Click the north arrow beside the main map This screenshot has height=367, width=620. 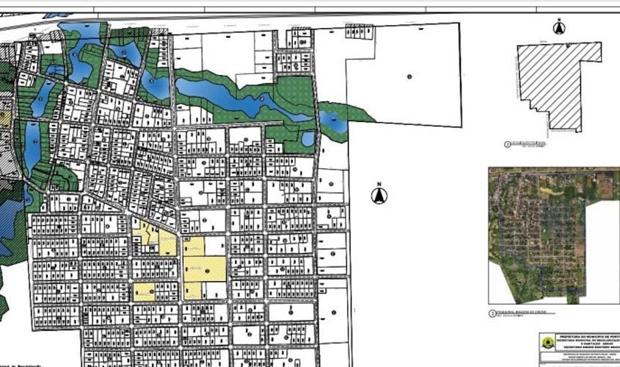coord(379,196)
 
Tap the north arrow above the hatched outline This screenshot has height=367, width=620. coord(559,29)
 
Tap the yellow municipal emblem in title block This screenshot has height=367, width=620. coord(547,343)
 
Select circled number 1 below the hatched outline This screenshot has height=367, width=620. coord(508,145)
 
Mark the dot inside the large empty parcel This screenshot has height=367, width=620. coord(409,76)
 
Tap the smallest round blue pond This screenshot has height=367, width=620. coord(308,138)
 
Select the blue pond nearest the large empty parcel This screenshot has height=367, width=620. coord(333,121)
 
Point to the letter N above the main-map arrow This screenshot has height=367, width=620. coord(379,185)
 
